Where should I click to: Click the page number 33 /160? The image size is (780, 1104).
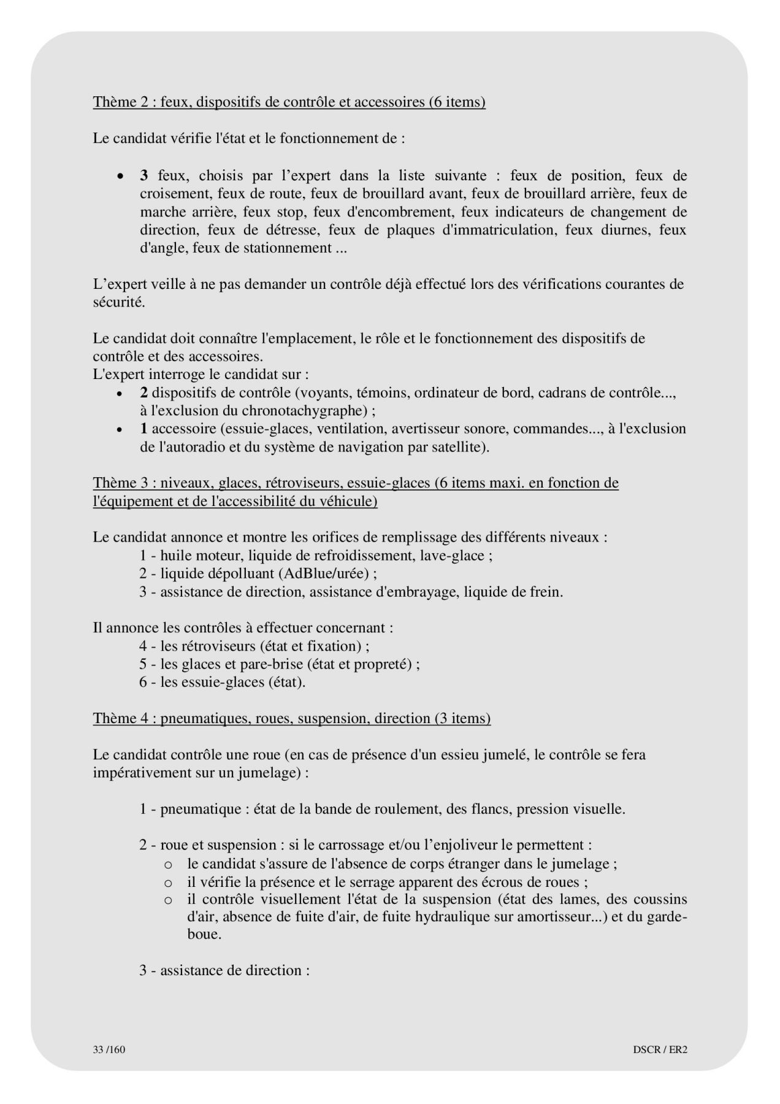coord(109,1049)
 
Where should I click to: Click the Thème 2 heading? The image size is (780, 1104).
coord(289,102)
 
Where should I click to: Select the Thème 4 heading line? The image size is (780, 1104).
coord(291,718)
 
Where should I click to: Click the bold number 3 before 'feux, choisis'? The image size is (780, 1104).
coord(144,176)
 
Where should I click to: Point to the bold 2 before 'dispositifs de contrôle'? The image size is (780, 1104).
coord(143,393)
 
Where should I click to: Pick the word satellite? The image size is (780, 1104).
coord(454,447)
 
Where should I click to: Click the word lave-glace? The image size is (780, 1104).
coord(459,556)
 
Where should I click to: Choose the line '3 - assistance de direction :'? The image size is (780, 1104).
coord(224,971)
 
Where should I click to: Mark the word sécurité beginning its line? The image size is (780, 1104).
coord(119,302)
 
